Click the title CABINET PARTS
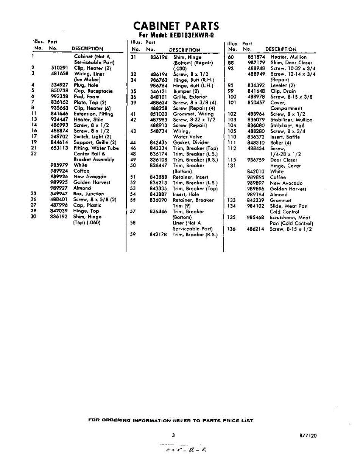(176, 26)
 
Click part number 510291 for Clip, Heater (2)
(59, 68)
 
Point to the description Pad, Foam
(87, 96)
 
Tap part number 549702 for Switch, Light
(59, 137)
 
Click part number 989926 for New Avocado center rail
(59, 177)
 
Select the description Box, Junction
(89, 194)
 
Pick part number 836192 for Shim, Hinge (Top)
(59, 217)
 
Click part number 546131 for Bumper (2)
(159, 92)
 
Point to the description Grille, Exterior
(190, 97)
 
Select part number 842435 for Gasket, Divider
(159, 143)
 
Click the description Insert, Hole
(186, 194)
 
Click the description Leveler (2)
(282, 86)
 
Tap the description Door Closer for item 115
(284, 160)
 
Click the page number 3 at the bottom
(173, 435)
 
